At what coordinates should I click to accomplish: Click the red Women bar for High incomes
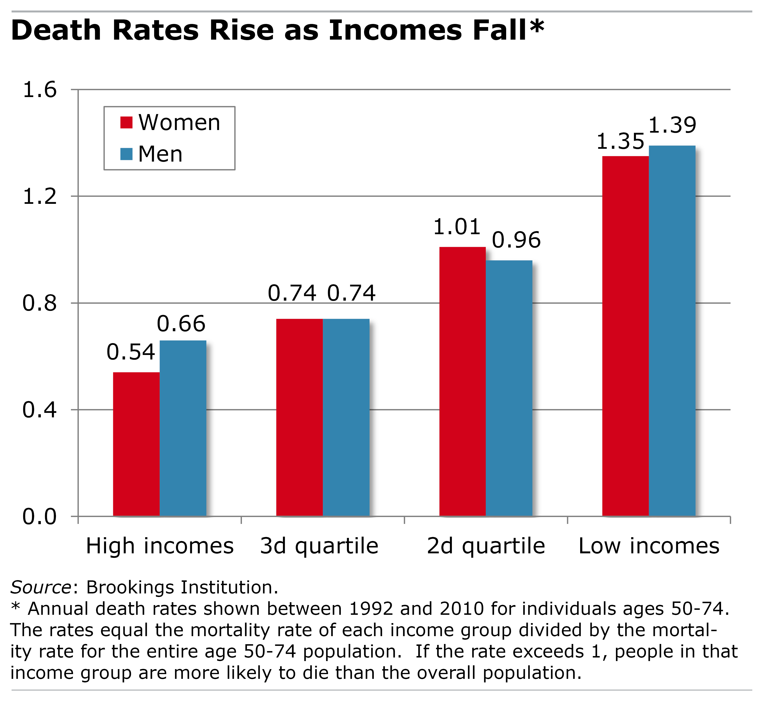click(136, 444)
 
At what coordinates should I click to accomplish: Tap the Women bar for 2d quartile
click(462, 381)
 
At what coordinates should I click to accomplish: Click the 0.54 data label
click(131, 352)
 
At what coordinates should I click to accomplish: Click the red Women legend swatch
click(126, 123)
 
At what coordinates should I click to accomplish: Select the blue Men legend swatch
click(126, 154)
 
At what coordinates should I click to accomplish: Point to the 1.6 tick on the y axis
click(40, 90)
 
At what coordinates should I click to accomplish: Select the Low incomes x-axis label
click(648, 546)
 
